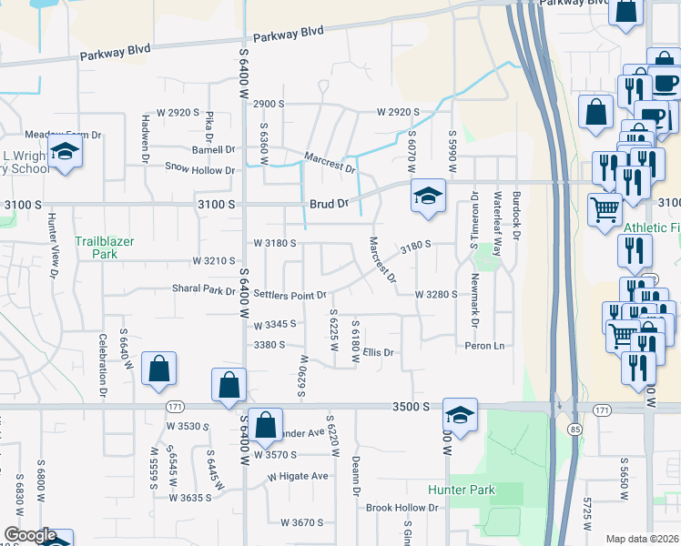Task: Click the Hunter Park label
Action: pos(461,490)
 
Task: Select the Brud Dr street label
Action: pos(330,205)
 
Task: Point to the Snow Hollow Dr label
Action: pos(199,168)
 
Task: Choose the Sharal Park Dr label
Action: pos(204,289)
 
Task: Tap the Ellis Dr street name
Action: pos(378,352)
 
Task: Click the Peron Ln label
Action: pos(484,346)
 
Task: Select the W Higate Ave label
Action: pos(298,476)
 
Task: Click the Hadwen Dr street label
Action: pos(146,137)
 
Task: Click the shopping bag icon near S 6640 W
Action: pos(158,369)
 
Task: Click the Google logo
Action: pos(30,536)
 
